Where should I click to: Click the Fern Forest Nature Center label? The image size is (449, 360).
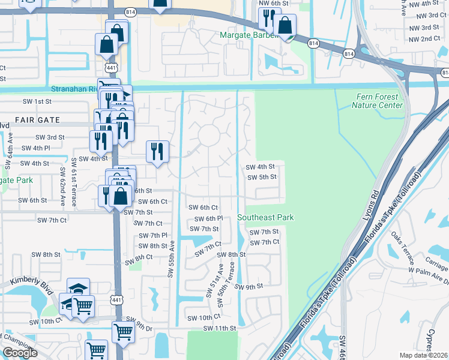point(377,101)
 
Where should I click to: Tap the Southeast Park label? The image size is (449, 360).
point(265,217)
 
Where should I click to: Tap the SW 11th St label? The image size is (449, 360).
point(220,328)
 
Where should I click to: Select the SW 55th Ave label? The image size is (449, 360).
point(171,259)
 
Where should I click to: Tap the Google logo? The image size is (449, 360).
point(20,353)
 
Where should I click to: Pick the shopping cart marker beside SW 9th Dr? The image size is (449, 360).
point(123,331)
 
